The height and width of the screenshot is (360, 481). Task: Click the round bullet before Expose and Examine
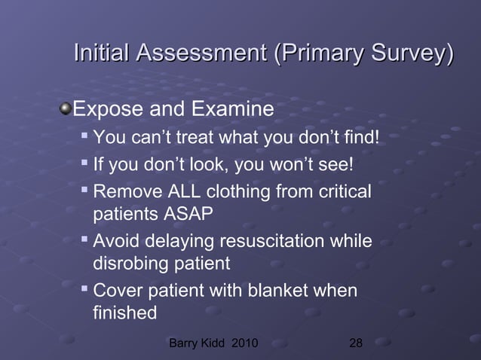pos(66,111)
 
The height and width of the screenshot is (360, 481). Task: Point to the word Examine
pos(232,111)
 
